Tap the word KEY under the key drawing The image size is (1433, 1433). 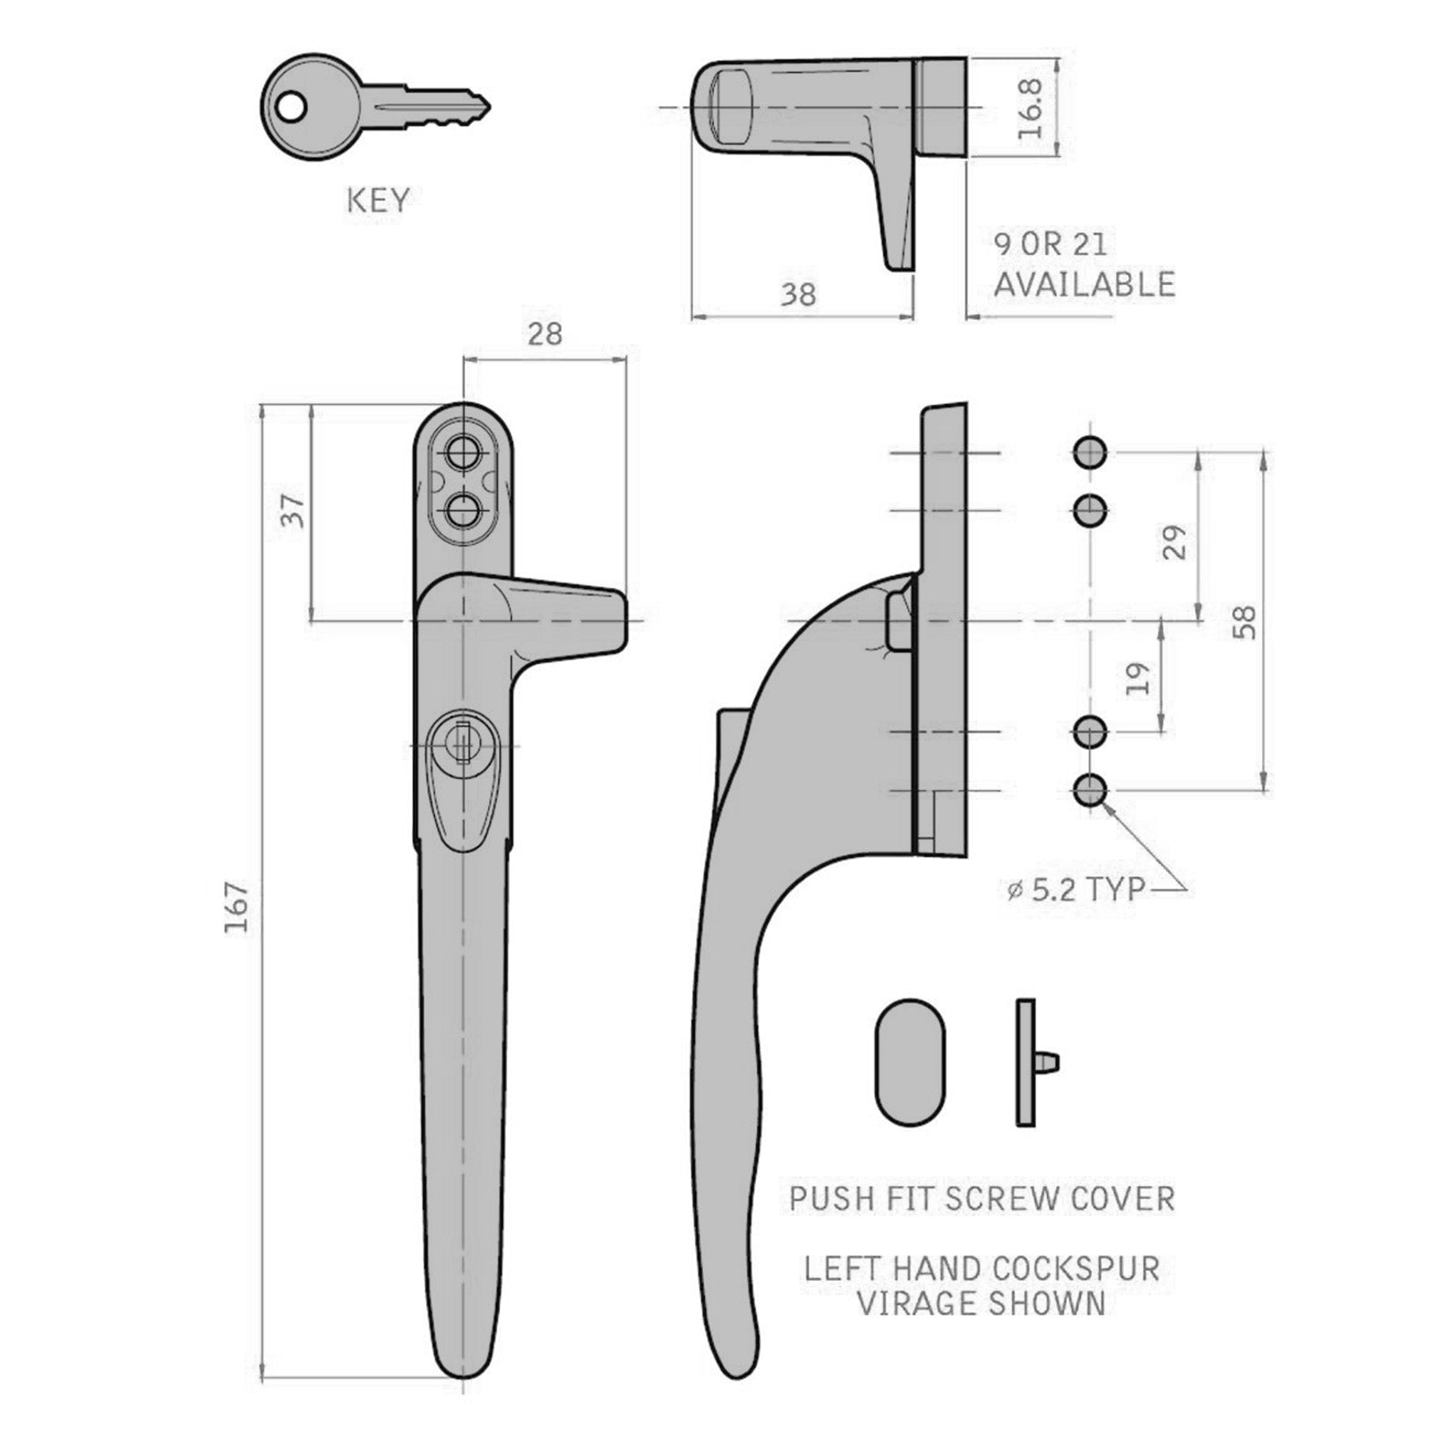point(378,201)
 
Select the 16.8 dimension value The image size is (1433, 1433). point(1031,107)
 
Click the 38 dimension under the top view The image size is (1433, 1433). point(798,294)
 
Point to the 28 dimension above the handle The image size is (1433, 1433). point(545,334)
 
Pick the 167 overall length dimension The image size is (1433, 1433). point(236,907)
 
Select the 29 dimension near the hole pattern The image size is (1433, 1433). point(1174,543)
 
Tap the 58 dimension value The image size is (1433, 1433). point(1244,622)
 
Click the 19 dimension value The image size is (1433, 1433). point(1137,679)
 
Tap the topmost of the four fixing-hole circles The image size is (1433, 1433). point(1089,452)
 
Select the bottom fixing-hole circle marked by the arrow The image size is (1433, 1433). point(1089,790)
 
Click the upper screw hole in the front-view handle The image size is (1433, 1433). point(462,452)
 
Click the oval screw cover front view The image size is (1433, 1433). point(909,1061)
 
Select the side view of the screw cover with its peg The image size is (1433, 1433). point(1032,1062)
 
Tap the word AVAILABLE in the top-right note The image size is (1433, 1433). point(1084,284)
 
